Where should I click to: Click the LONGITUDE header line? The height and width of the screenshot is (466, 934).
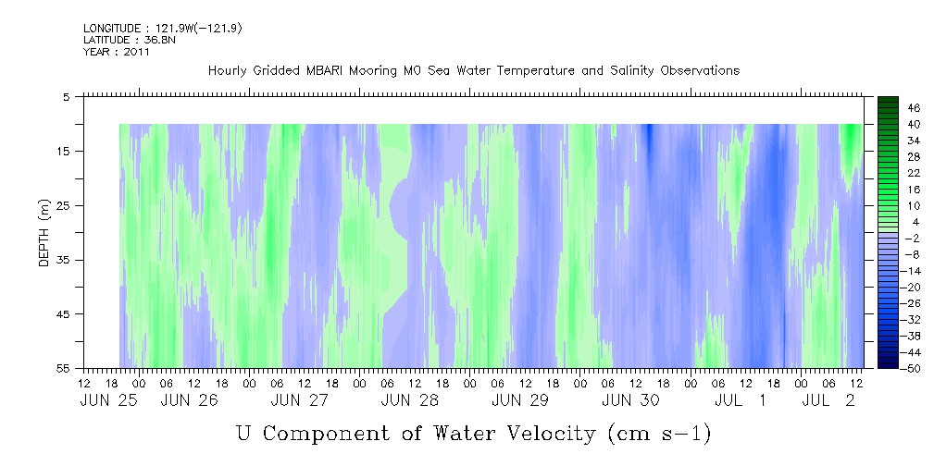[163, 28]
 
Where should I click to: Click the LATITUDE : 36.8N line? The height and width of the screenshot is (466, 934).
[130, 40]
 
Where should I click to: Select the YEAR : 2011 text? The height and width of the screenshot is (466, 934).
[116, 52]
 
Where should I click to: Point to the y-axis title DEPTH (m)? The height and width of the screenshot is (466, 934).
[44, 232]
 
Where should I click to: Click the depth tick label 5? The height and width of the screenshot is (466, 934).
[67, 96]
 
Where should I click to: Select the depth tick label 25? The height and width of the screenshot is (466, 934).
[63, 205]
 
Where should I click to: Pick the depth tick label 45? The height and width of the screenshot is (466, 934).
[63, 313]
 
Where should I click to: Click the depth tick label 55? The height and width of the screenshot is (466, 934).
[63, 368]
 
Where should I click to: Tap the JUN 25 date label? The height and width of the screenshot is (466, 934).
[108, 400]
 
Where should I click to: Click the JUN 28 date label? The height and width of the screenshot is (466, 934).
[410, 400]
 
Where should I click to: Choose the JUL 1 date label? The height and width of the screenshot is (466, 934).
[741, 400]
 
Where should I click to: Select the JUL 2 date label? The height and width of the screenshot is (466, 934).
[828, 400]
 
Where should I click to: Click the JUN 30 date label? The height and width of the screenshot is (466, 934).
[630, 400]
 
